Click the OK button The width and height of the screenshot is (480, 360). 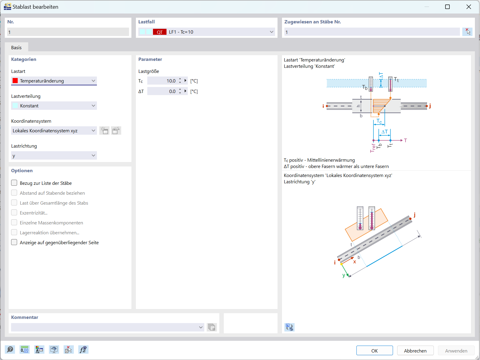pos(374,351)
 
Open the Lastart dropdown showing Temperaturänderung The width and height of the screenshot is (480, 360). pos(54,81)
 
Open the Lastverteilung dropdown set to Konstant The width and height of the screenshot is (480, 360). pos(54,106)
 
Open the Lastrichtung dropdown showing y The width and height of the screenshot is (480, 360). pos(54,155)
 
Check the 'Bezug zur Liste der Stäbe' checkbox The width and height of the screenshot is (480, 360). pos(14,183)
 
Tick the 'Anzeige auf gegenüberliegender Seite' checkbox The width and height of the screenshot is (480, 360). pos(14,242)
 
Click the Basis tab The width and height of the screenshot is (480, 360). pos(16,47)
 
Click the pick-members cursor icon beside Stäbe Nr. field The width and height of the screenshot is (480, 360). pos(467,31)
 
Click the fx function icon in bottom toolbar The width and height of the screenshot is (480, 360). pos(83,349)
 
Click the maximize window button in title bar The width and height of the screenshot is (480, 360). pos(447,7)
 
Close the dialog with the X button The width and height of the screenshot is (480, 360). pos(469,7)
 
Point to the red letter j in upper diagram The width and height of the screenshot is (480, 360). pos(430,106)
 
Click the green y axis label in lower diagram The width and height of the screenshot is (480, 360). pos(344,275)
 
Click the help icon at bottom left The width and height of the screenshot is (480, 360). pos(10,349)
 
